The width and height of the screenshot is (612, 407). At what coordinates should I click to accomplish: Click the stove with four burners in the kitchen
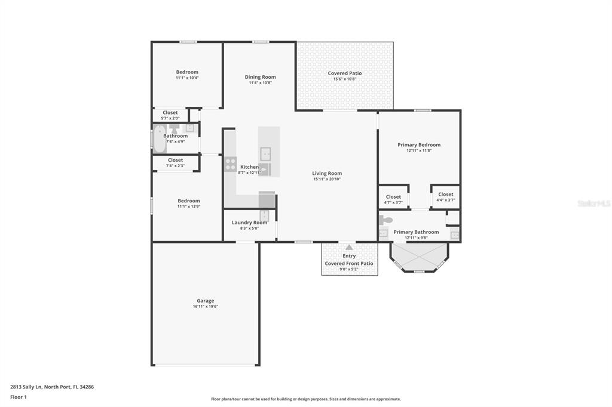[x=230, y=164]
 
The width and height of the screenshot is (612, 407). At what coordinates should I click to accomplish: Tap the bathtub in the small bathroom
[x=160, y=138]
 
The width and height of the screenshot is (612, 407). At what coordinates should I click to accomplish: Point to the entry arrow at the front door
[x=349, y=246]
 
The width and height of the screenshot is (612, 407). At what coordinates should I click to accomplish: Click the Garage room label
[x=205, y=301]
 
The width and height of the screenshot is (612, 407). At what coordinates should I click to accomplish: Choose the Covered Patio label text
[x=344, y=73]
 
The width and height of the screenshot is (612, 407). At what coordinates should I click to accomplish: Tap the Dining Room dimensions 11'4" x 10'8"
[x=260, y=83]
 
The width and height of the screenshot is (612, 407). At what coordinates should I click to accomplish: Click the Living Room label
[x=327, y=174]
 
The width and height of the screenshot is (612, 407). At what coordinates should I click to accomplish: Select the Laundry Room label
[x=249, y=223]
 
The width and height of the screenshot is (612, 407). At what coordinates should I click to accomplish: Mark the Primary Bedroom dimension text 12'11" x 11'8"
[x=419, y=150]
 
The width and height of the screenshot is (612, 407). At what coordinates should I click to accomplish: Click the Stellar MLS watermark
[x=593, y=203]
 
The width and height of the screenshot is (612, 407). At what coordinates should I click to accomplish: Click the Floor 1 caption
[x=19, y=396]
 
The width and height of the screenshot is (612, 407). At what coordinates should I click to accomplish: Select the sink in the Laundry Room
[x=264, y=215]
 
